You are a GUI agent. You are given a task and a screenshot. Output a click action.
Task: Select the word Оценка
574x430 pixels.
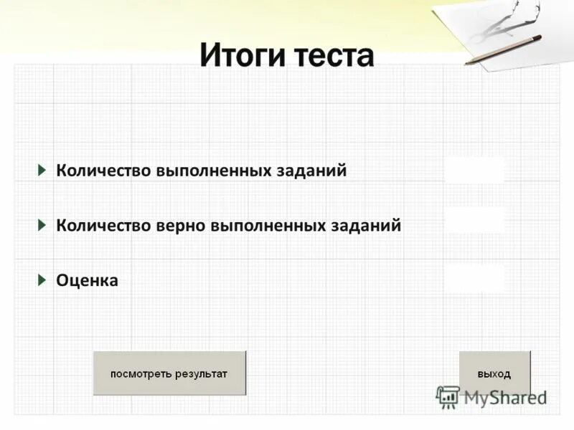click(88, 281)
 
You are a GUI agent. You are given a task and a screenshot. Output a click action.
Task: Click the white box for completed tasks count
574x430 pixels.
click(474, 171)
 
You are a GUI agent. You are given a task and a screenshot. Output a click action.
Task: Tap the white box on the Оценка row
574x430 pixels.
click(474, 278)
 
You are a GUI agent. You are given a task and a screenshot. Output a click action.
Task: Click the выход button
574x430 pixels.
click(494, 373)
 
